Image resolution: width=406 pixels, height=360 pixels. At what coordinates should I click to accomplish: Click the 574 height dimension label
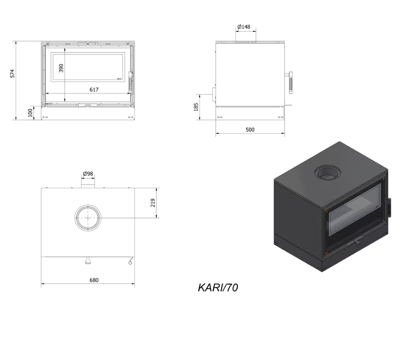coord(13,73)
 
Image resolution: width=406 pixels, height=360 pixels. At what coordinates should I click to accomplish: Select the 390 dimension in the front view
coord(61,68)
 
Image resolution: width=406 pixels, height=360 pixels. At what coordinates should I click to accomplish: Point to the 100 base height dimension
coord(30,113)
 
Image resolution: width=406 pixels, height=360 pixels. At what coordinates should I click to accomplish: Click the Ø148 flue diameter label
coord(244,27)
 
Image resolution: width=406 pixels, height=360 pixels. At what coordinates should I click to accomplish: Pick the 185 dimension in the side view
coord(196,107)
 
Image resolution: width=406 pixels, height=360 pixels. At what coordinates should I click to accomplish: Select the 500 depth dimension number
coord(250,130)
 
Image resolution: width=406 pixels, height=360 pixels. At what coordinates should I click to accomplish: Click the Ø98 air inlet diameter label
coord(88,174)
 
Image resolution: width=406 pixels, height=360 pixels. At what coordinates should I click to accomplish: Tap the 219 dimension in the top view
coord(152,202)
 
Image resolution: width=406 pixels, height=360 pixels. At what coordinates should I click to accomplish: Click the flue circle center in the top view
coord(88,217)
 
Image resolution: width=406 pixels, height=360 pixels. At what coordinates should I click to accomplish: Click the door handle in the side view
coord(291,83)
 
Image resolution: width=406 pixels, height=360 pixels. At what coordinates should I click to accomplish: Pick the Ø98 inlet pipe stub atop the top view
coord(88,183)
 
